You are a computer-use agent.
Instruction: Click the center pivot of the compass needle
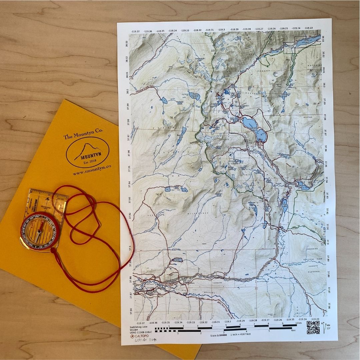click(40, 230)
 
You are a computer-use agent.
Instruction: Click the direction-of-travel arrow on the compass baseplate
click(49, 199)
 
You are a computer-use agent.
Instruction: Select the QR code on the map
click(313, 327)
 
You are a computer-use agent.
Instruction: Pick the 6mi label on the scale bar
click(293, 331)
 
